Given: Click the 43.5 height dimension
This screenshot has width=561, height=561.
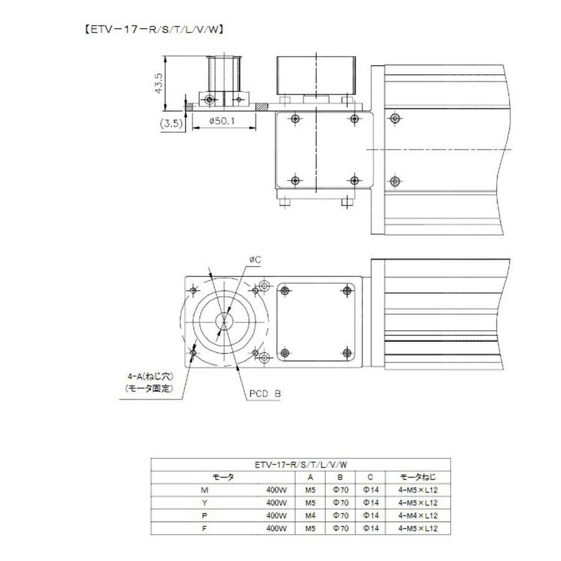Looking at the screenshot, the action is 158,84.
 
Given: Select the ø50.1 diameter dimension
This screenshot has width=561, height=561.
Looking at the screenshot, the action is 222,121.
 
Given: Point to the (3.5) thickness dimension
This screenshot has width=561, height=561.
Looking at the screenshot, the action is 171,124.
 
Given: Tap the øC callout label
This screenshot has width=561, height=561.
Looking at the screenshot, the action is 255,259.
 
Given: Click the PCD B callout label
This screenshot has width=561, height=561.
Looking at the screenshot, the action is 265,394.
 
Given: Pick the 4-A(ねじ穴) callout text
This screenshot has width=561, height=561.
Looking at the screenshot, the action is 150,376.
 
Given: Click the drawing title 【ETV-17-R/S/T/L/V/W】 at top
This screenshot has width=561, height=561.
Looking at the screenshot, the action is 154,29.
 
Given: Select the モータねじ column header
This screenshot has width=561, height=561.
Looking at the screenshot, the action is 418,477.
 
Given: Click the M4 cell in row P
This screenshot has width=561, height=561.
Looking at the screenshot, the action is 310,515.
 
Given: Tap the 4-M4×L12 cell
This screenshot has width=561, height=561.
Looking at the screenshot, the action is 418,515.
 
